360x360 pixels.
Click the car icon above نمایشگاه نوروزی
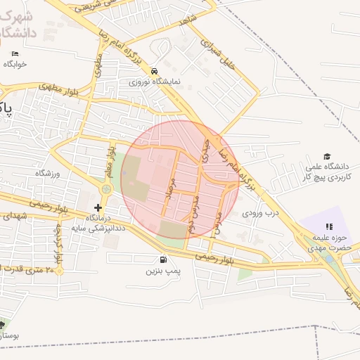coord(154,71)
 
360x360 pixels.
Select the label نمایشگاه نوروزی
coord(154,82)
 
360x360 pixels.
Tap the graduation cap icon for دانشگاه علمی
coord(327,156)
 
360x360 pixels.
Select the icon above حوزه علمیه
coord(328,226)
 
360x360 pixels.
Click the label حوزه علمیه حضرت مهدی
coord(328,243)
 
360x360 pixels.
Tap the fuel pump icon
coord(153,259)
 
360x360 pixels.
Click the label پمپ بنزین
coord(163,271)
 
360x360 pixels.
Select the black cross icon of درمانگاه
coord(98,207)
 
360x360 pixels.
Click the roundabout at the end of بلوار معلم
coord(106,188)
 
